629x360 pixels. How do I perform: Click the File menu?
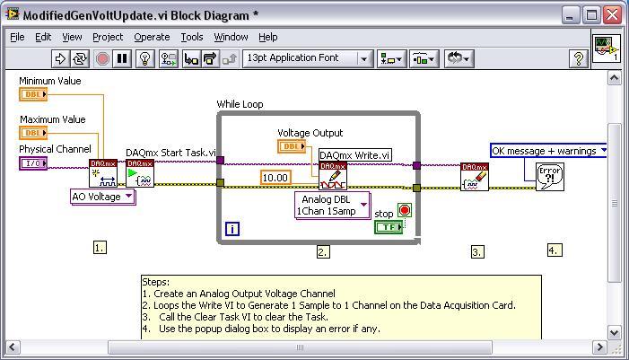17,37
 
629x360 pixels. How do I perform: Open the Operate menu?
152,37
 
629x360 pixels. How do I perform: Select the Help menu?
267,37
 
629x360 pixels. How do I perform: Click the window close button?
612,15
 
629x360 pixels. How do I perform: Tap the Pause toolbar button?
123,58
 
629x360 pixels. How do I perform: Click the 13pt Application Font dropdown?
306,58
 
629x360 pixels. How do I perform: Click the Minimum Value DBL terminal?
33,94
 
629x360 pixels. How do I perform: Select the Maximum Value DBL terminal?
33,133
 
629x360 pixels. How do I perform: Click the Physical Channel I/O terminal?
33,163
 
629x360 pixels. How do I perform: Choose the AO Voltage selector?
102,197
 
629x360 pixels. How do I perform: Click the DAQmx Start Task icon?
140,173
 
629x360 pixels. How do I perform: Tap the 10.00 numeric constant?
275,178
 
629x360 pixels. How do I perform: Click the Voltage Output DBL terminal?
292,146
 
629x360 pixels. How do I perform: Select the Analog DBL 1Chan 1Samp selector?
333,206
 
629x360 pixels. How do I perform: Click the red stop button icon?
404,211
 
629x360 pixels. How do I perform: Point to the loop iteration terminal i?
232,229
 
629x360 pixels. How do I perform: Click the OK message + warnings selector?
549,151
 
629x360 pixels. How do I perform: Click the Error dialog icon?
549,176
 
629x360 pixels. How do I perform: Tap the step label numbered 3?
476,252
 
